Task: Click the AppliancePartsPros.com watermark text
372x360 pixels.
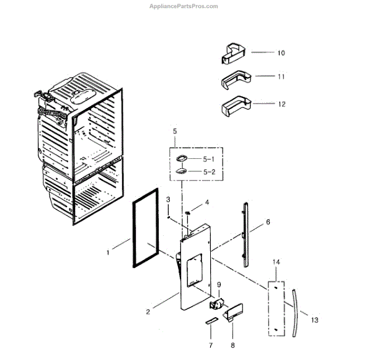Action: [185, 6]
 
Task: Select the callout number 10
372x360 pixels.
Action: [281, 53]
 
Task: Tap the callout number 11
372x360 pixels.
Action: [281, 78]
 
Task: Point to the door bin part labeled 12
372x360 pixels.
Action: [236, 106]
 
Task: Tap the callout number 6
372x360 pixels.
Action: [268, 222]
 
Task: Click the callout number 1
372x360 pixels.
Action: [107, 253]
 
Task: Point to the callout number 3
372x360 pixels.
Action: [168, 199]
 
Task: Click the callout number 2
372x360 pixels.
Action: [148, 313]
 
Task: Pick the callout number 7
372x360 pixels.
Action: [210, 344]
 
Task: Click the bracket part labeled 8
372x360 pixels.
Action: [233, 315]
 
